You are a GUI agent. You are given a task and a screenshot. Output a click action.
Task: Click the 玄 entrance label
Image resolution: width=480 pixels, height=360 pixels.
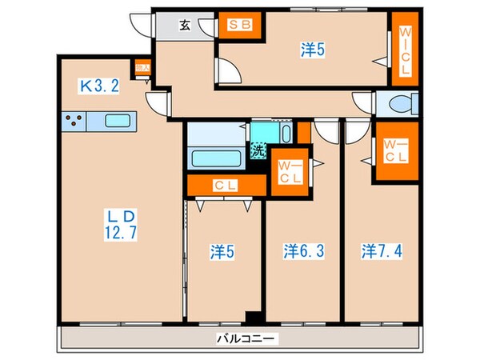pos(185,25)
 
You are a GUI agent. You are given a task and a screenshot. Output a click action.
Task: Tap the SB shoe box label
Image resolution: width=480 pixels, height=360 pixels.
pos(239,24)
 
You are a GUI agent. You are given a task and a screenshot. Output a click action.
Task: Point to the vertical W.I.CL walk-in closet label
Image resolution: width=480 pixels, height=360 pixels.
pos(405,50)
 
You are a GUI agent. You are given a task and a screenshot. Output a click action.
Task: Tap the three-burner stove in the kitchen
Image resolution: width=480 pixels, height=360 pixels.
pos(74,122)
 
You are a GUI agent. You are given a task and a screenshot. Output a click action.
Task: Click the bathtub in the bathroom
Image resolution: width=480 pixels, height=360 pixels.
pos(215,157)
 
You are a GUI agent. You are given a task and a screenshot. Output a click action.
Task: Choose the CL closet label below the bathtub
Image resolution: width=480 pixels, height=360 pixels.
pos(225,186)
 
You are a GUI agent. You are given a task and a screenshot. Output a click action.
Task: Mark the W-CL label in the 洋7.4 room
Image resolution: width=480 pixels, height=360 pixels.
pos(396,150)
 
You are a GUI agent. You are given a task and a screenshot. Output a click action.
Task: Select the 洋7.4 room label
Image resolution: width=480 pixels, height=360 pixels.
pos(381,250)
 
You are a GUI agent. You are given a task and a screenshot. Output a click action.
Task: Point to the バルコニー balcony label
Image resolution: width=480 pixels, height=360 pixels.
pos(246,338)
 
